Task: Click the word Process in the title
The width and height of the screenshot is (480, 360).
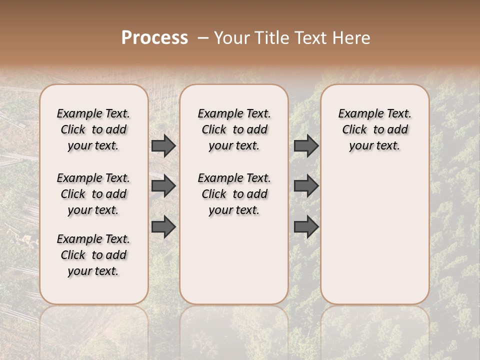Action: click(154, 38)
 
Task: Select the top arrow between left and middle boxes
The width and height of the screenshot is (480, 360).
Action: click(163, 145)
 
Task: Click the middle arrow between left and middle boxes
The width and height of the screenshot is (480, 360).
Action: click(163, 186)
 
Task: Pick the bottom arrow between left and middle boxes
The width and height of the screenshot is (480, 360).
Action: click(163, 226)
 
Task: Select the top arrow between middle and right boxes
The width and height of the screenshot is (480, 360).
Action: click(306, 145)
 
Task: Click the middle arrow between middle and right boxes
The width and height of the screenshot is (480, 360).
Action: click(306, 186)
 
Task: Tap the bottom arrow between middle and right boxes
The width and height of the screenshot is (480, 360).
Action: click(306, 226)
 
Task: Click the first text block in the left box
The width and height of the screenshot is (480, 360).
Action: click(93, 129)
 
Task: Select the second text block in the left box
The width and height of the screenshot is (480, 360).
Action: click(93, 194)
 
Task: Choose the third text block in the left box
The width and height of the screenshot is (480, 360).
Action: click(93, 255)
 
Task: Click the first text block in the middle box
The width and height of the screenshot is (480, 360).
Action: click(234, 129)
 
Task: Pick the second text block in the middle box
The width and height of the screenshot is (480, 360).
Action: click(234, 194)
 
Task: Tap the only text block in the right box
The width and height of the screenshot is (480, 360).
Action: click(374, 129)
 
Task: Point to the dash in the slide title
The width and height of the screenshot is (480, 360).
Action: click(203, 38)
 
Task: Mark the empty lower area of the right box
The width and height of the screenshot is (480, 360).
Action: click(374, 230)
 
